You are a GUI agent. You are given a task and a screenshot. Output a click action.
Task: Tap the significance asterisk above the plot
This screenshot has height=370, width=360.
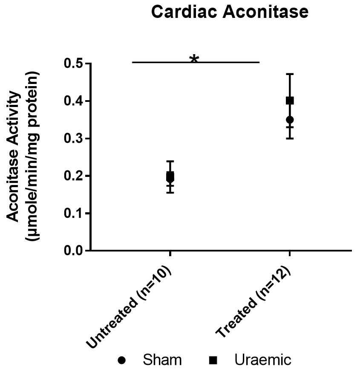click(x=194, y=59)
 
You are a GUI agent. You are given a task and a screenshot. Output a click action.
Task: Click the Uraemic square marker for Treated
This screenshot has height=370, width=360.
click(x=290, y=101)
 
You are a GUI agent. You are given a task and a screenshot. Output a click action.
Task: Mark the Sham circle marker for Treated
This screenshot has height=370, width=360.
click(x=290, y=119)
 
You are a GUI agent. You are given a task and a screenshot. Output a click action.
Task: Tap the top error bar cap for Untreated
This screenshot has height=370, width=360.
click(x=170, y=161)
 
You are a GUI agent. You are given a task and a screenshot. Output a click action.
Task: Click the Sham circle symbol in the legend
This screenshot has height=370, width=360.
click(x=122, y=360)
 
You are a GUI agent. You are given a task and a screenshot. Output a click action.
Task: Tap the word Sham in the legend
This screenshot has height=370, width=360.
click(x=162, y=360)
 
